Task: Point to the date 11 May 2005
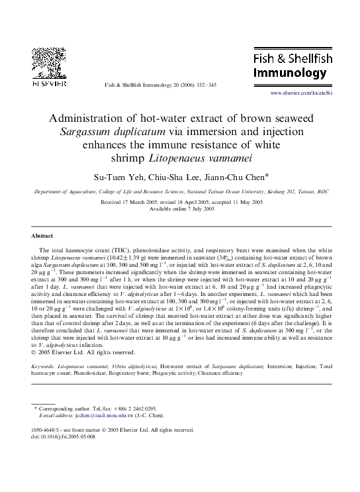[244, 201]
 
